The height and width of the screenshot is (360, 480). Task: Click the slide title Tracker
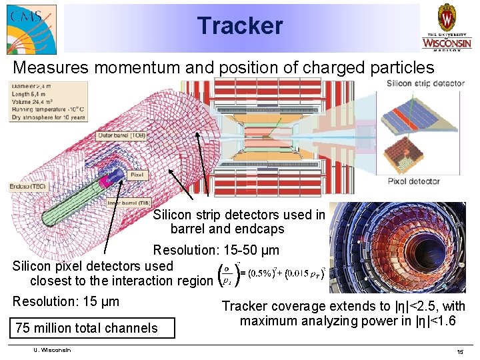[240, 26]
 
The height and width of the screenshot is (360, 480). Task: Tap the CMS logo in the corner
[31, 29]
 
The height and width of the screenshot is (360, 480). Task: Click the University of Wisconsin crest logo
[447, 27]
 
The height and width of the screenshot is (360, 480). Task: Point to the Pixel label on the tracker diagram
[136, 175]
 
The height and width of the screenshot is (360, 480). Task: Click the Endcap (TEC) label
[27, 186]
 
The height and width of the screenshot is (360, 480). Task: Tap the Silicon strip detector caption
[425, 83]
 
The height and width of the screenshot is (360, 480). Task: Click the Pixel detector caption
[413, 181]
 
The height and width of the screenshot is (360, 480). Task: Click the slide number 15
[459, 351]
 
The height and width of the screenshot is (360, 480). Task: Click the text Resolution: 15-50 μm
[216, 251]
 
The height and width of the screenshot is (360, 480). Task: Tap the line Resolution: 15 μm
[66, 301]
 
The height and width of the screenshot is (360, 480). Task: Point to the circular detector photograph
[398, 247]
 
